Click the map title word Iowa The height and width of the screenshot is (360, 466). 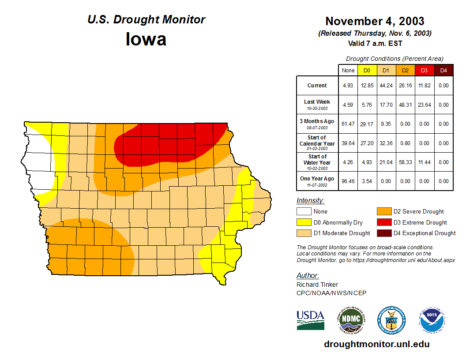pos(146,39)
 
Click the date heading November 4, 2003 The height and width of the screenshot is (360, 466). pos(375,21)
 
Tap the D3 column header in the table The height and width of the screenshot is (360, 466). pos(424,71)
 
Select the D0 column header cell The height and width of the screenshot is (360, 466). pos(367,71)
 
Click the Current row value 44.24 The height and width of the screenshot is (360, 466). pos(386,86)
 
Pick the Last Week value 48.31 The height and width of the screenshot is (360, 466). pos(405,105)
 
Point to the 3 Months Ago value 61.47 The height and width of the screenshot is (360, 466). pos(348,124)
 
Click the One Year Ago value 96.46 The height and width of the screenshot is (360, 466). pos(348,181)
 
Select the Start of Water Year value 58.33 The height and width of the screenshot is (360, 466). pos(405,162)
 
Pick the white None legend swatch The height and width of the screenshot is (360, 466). pos(303,212)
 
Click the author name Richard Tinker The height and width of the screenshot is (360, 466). pos(317,285)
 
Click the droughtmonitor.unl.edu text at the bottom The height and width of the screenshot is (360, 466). pos(376,344)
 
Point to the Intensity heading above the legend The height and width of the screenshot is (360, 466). pos(310,201)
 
